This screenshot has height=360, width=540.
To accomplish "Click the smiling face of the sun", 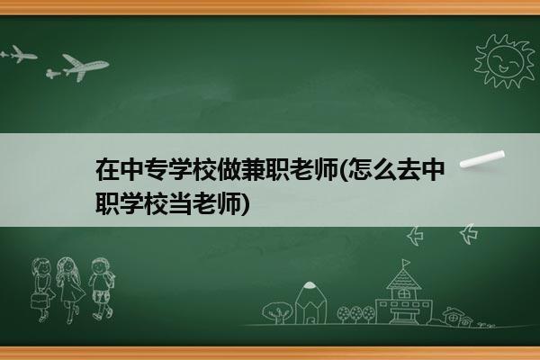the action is (x=505, y=61).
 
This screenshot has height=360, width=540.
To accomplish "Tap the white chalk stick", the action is (x=482, y=159).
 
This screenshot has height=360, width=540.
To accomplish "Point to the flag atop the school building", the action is (x=407, y=263).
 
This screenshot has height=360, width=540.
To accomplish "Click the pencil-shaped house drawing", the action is (x=310, y=302).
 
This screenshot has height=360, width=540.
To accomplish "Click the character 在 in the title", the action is (x=108, y=169).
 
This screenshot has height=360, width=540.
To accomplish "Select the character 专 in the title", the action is (x=157, y=169).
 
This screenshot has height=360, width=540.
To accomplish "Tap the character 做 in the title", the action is (x=229, y=169).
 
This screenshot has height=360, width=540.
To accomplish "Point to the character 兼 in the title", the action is (x=254, y=169).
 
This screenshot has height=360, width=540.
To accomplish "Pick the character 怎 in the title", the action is (x=359, y=169).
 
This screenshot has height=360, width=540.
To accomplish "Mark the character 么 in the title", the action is (x=384, y=169).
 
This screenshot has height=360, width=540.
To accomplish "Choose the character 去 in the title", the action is (x=409, y=169).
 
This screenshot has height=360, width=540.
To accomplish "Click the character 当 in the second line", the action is (x=181, y=203).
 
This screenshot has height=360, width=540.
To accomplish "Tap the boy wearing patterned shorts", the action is (x=101, y=289).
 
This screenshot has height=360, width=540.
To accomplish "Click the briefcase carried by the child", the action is (x=39, y=301).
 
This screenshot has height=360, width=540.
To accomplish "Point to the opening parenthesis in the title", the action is (x=343, y=169).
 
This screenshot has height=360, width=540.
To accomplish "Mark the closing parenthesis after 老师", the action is (x=245, y=203).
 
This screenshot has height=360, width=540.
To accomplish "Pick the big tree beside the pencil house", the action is (x=276, y=312).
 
